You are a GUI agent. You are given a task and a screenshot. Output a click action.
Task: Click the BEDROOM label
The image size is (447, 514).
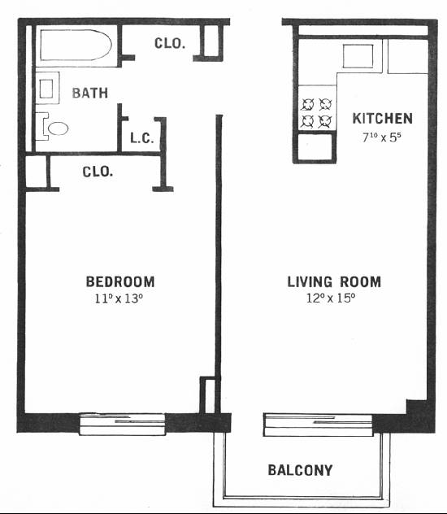click(x=120, y=282)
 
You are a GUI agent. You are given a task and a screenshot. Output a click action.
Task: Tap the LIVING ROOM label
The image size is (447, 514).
click(x=334, y=282)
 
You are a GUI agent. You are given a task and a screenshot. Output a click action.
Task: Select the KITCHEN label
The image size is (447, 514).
click(x=383, y=119)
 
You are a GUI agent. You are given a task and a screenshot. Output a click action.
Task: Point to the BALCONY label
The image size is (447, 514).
click(x=300, y=470)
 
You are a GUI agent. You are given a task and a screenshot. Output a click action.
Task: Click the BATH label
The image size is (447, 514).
click(x=89, y=93)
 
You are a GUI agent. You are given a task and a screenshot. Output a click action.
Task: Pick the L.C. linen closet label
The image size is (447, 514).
click(x=141, y=138)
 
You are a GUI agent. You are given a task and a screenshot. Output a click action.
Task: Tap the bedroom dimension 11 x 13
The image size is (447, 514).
click(x=119, y=298)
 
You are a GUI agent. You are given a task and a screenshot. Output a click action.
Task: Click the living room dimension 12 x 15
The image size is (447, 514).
click(x=331, y=298)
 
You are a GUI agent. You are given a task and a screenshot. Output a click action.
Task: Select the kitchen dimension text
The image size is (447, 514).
click(x=382, y=137)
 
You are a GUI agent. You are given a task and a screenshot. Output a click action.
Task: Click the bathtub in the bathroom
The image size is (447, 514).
click(x=76, y=45)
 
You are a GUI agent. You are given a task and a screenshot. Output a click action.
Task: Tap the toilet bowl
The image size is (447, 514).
click(x=58, y=128)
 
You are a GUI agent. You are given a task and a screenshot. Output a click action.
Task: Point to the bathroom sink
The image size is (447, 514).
click(x=46, y=89)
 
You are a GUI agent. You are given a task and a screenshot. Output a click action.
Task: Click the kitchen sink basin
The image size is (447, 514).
click(x=358, y=56)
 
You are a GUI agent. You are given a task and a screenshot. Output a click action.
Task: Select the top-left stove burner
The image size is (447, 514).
click(x=308, y=105)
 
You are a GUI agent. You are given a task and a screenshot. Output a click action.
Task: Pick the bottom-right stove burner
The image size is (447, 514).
click(x=325, y=122)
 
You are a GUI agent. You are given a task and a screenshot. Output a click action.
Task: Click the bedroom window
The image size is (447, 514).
click(x=122, y=425)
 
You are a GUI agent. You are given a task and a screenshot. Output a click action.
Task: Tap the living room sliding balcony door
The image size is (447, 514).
click(x=319, y=425)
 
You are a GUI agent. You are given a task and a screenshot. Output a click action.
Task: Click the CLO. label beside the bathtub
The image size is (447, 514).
click(x=170, y=43)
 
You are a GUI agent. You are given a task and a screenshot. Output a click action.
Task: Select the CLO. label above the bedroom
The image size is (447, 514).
click(x=98, y=172)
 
